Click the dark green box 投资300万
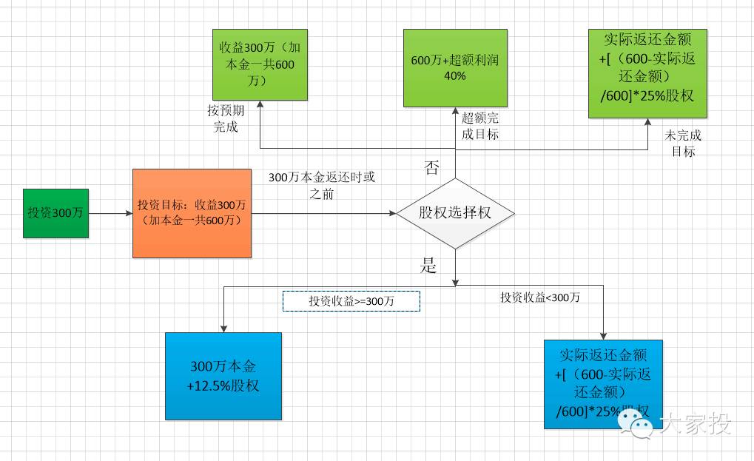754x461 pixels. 55,213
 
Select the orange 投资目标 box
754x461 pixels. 192,213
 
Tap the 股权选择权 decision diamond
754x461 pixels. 455,213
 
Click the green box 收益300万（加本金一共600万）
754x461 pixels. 259,65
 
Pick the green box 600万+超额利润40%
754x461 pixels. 455,68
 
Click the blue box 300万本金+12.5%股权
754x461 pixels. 223,376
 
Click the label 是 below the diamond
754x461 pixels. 429,266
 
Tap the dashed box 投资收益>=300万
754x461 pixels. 351,301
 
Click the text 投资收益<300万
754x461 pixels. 540,297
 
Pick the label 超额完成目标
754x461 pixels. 480,126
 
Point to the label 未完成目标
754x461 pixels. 683,144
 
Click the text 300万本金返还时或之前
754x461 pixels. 321,186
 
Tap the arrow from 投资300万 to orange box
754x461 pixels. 110,214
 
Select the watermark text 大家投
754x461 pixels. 695,424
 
